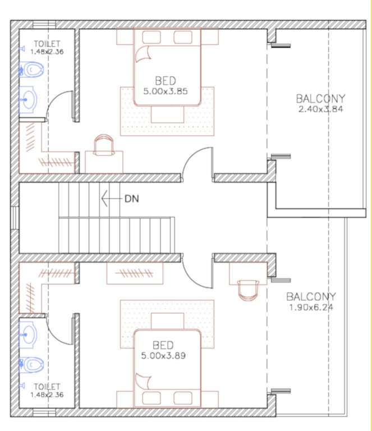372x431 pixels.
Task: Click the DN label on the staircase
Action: click(131, 198)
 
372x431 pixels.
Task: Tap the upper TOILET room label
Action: click(47, 44)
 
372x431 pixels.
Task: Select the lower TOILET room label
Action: click(47, 387)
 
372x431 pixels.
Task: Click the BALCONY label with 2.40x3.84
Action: click(320, 99)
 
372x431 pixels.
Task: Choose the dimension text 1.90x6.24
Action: click(311, 307)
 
